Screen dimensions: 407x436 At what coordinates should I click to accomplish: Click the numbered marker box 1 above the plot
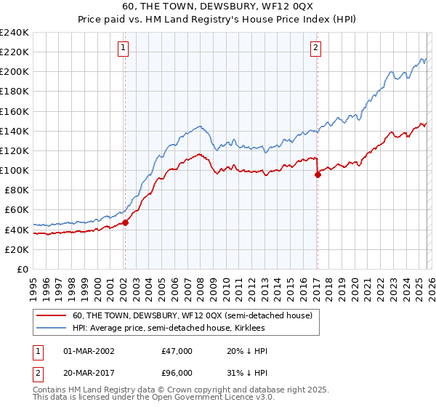[x=124, y=49]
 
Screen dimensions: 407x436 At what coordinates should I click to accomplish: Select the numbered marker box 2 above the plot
[x=317, y=49]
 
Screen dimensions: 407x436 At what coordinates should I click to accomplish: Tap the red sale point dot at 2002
[x=125, y=222]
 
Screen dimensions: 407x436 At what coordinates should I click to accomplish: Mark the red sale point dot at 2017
[x=318, y=174]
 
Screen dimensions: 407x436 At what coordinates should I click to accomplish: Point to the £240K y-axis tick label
[x=15, y=33]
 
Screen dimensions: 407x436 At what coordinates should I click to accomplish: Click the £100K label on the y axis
[x=15, y=170]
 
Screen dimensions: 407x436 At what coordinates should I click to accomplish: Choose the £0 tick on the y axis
[x=22, y=269]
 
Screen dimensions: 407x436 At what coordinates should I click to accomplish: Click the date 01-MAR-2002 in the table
[x=89, y=351]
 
